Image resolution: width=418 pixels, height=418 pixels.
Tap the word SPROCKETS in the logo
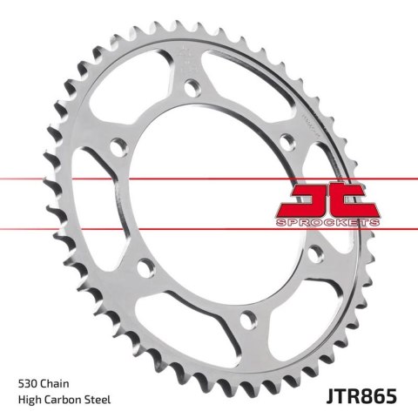(x=331, y=225)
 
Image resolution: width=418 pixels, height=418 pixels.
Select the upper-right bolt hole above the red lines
(x=288, y=136)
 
